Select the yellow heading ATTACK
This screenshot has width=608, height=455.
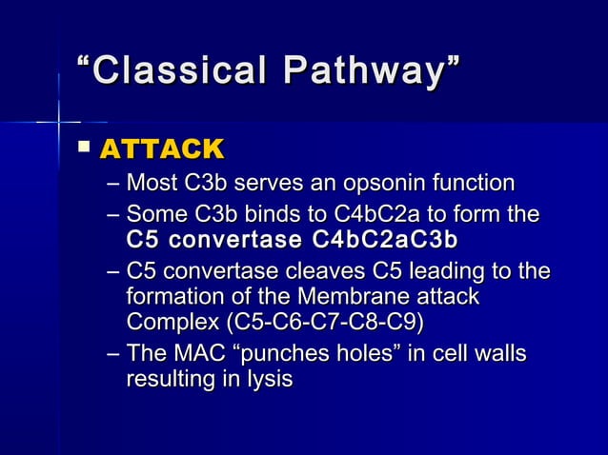click(x=161, y=149)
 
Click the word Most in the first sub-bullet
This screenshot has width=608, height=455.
click(x=151, y=182)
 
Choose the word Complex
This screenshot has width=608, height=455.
click(x=171, y=322)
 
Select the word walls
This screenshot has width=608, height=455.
click(x=500, y=355)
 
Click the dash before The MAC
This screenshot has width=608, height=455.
click(x=113, y=355)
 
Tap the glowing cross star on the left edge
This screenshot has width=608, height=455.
click(x=59, y=122)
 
